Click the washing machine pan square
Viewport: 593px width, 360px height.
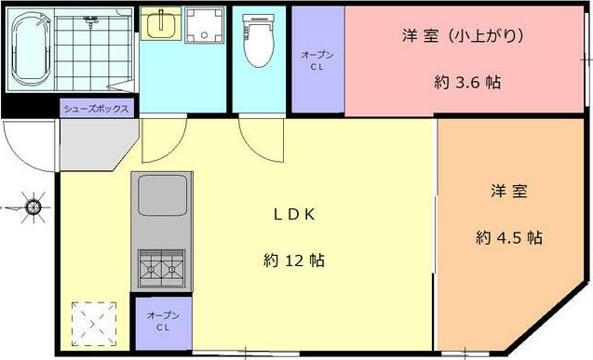[202, 26]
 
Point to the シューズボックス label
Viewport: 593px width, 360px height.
[95, 108]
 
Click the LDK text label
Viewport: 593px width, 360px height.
[295, 214]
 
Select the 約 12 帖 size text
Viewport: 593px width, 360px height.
[293, 260]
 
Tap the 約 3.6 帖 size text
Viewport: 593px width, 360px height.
[467, 82]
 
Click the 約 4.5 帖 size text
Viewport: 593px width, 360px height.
[508, 237]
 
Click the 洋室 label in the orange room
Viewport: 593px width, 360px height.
[509, 192]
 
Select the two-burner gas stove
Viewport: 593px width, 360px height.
[163, 268]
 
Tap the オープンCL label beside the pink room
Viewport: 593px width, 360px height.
[317, 60]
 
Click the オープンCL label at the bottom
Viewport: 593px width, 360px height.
[162, 322]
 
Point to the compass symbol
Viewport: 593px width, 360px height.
[33, 207]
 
